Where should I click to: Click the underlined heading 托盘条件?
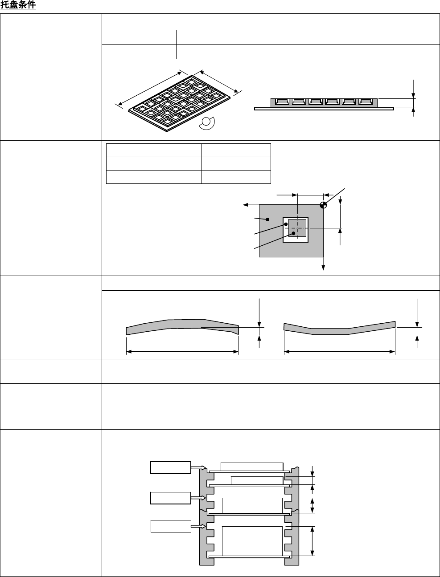point(18,6)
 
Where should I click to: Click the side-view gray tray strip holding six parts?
point(324,103)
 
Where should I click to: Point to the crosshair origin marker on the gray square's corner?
point(323,205)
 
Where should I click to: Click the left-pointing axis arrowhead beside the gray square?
point(245,205)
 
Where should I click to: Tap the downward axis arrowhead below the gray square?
point(323,268)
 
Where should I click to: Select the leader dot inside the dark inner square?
point(294,233)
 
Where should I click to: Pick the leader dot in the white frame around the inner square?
point(286,224)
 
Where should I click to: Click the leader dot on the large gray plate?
point(267,219)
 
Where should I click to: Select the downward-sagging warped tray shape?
point(339,328)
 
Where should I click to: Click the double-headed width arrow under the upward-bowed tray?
point(182,352)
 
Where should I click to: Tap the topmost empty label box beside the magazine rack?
point(171,468)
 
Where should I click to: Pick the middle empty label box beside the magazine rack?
point(171,498)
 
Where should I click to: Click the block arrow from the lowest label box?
point(199,527)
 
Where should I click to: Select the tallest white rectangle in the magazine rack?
point(252,541)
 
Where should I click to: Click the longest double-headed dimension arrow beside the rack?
point(313,541)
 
